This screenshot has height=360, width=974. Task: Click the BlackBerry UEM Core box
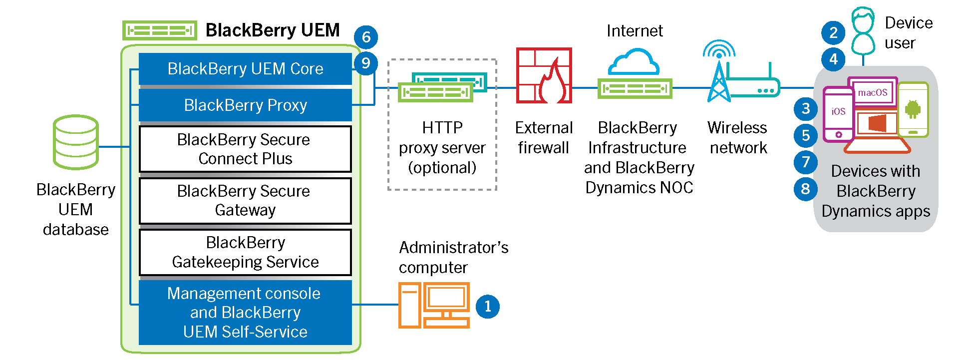click(x=245, y=69)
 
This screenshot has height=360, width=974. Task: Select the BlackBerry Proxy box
click(x=245, y=105)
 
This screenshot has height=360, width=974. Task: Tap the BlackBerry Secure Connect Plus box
click(x=245, y=149)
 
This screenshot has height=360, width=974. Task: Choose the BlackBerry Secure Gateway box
click(x=245, y=200)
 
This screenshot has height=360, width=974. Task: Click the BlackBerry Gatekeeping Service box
click(x=245, y=252)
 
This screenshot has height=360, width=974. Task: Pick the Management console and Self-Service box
click(x=245, y=313)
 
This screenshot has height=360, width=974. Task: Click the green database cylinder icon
click(x=76, y=142)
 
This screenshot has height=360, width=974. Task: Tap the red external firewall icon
click(x=544, y=75)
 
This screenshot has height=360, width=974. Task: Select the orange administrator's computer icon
click(x=434, y=305)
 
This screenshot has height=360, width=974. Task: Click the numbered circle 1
click(x=488, y=306)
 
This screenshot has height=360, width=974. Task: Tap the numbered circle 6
click(x=366, y=37)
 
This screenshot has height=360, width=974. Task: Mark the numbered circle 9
click(x=366, y=63)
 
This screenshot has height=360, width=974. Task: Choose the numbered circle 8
click(x=805, y=189)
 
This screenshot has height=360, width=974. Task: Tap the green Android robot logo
click(x=913, y=109)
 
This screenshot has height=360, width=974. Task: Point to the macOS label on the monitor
click(x=873, y=93)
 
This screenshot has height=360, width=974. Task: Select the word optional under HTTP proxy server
click(x=442, y=168)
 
